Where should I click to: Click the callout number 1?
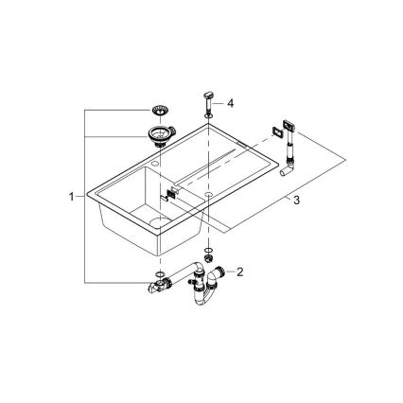(x=71, y=197)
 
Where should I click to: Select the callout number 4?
(x=228, y=102)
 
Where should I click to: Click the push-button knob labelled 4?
(x=208, y=100)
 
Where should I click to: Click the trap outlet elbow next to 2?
(x=219, y=274)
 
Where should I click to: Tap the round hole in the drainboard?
(x=208, y=190)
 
